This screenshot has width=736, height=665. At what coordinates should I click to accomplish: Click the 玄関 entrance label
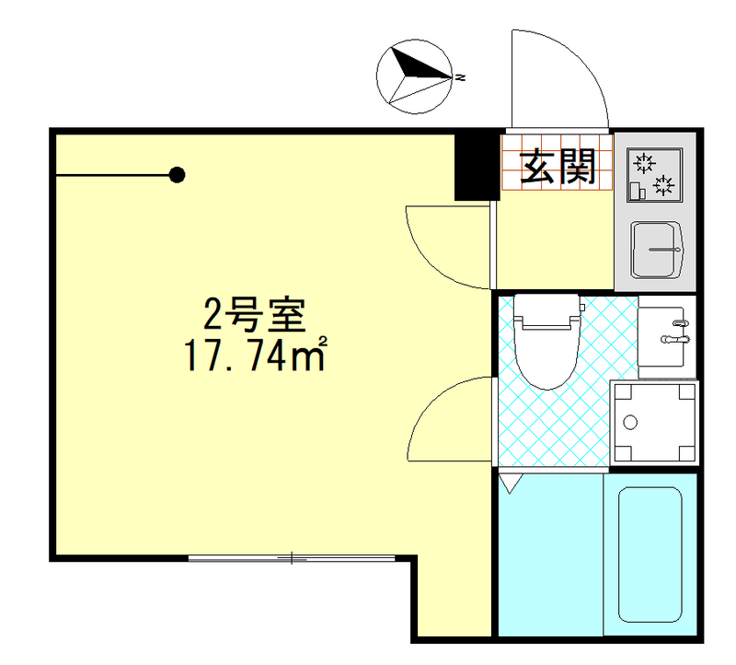pyautogui.click(x=558, y=166)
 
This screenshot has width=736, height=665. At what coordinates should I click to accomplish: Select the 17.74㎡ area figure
pyautogui.click(x=257, y=356)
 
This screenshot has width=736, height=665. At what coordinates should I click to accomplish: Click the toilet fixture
pyautogui.click(x=549, y=341)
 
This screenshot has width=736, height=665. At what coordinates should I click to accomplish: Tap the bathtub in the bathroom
pyautogui.click(x=650, y=553)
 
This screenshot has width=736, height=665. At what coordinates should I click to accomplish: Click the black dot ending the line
pyautogui.click(x=178, y=174)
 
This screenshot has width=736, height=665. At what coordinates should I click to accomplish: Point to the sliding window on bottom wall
pyautogui.click(x=293, y=557)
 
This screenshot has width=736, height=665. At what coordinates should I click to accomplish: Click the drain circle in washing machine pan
pyautogui.click(x=630, y=424)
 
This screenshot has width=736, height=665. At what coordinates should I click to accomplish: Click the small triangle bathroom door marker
pyautogui.click(x=510, y=480)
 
